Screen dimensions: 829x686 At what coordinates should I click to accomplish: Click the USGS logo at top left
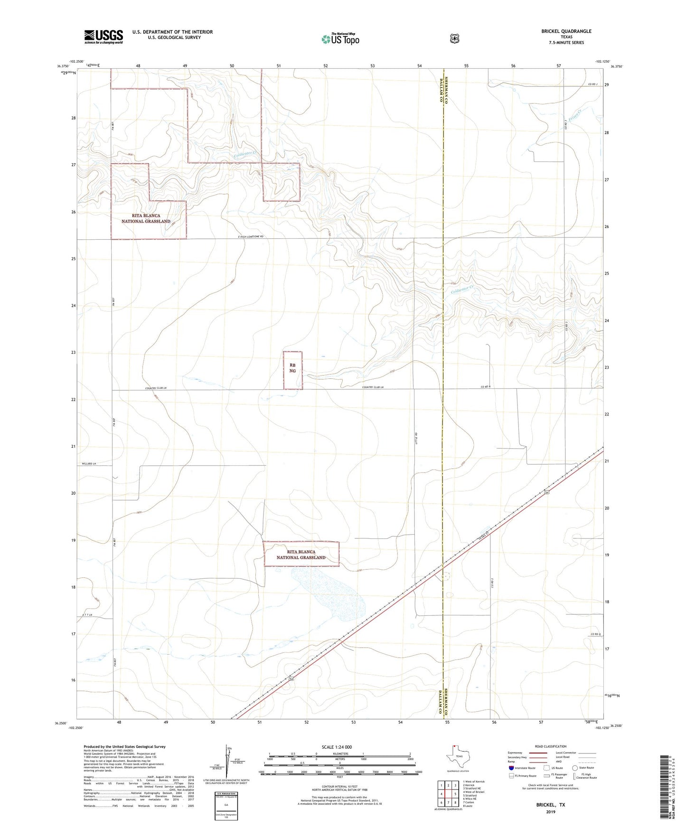(x=103, y=37)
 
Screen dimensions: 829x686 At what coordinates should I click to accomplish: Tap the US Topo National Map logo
(x=340, y=38)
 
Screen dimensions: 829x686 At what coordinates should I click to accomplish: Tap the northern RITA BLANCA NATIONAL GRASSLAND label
(x=146, y=218)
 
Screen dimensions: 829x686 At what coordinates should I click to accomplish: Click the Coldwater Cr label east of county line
(x=462, y=289)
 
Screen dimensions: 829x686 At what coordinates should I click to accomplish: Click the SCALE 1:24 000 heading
(x=337, y=747)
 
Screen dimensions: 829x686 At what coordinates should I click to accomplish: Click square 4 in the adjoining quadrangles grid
(x=442, y=794)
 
